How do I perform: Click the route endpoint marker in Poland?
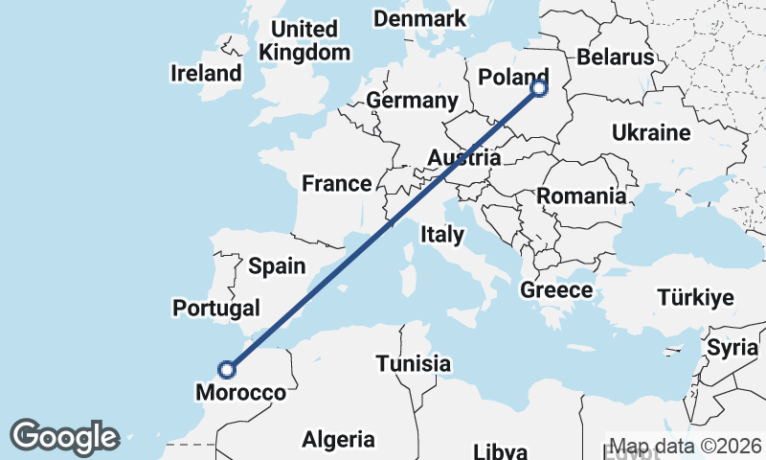point(539,88)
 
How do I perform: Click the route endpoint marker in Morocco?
point(227,369)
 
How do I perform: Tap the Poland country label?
point(513,77)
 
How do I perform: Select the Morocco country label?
point(240,393)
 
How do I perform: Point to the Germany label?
point(413,101)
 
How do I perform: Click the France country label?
point(336,183)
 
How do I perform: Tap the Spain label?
point(277,266)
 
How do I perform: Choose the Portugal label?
point(216,308)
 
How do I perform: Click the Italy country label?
point(442,234)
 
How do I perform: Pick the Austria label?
point(464,157)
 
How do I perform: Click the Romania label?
point(581,196)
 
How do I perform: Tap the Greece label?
point(556,289)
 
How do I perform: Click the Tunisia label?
point(413,364)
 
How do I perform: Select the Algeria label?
point(339,440)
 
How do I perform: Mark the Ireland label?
point(206,73)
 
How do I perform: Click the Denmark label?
point(419,18)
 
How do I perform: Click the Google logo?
point(64,437)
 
